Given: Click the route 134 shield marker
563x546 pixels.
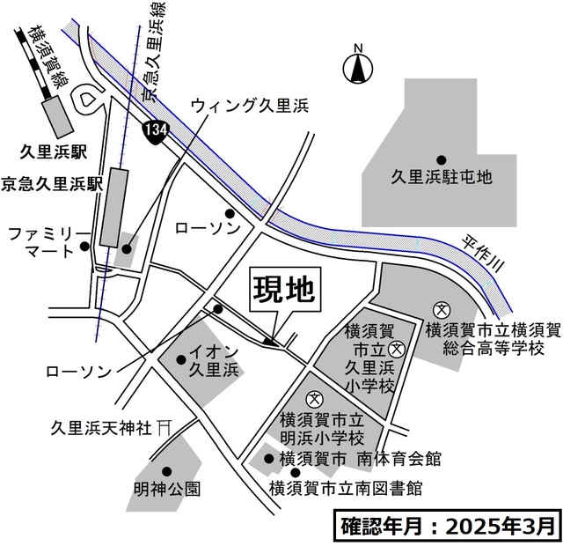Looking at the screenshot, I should (x=155, y=130).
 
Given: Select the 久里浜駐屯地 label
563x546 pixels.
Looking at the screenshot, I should (x=442, y=177).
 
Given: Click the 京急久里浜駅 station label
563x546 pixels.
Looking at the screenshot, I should (x=52, y=184).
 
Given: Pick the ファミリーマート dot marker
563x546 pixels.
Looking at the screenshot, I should (x=85, y=247).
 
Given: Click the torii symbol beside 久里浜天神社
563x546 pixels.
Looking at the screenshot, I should (x=164, y=427).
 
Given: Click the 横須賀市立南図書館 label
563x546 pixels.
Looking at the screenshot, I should (x=345, y=487).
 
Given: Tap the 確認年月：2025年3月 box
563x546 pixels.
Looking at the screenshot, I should (x=447, y=526).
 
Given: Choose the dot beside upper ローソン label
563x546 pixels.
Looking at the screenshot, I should (x=230, y=212).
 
